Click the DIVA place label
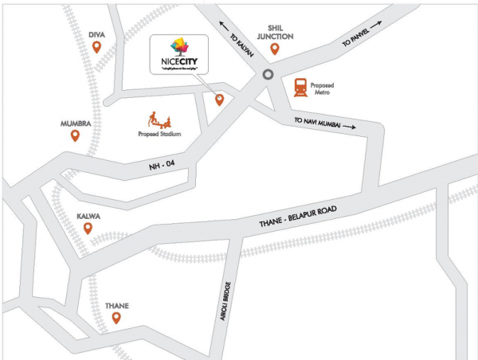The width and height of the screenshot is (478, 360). [96, 34]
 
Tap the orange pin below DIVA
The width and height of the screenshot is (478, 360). [96, 48]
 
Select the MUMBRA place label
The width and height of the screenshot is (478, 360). [76, 124]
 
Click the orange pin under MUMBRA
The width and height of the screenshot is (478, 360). [76, 135]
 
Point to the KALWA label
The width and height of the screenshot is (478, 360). [88, 216]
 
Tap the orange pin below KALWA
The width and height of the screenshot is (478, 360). [88, 229]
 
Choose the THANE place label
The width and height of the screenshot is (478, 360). [116, 305]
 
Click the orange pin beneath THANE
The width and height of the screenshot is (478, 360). [116, 319]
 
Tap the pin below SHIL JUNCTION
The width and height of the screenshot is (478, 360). [275, 49]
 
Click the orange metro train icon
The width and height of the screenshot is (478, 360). [302, 87]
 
